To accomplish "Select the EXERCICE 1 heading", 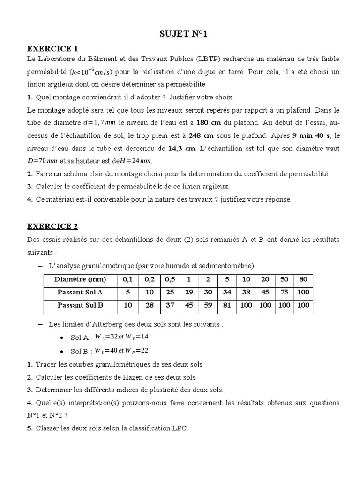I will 52,48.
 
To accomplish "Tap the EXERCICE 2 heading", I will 52,226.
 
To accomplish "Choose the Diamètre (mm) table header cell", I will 80,280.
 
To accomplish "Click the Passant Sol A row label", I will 80,292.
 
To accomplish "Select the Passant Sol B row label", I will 80,306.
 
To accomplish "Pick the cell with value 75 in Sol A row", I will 285,292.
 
